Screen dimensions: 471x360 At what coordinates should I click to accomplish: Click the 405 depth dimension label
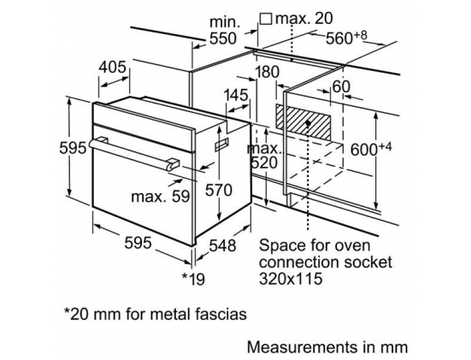tap(112, 67)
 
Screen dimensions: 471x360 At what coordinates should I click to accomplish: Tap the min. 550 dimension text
tap(223, 31)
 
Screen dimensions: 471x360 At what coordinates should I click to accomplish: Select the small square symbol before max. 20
tap(266, 19)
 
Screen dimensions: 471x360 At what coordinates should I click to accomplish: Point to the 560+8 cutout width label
tap(346, 38)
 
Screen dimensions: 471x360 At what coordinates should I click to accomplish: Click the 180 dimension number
tap(267, 72)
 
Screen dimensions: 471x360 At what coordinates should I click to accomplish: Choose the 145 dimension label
tap(236, 95)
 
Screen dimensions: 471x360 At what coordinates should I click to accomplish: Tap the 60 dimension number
tap(341, 87)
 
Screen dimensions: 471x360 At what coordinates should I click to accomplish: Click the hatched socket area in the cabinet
tap(303, 122)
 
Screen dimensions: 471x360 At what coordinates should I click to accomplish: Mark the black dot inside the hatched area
tap(308, 123)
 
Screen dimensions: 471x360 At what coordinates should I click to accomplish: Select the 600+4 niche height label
tap(371, 149)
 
